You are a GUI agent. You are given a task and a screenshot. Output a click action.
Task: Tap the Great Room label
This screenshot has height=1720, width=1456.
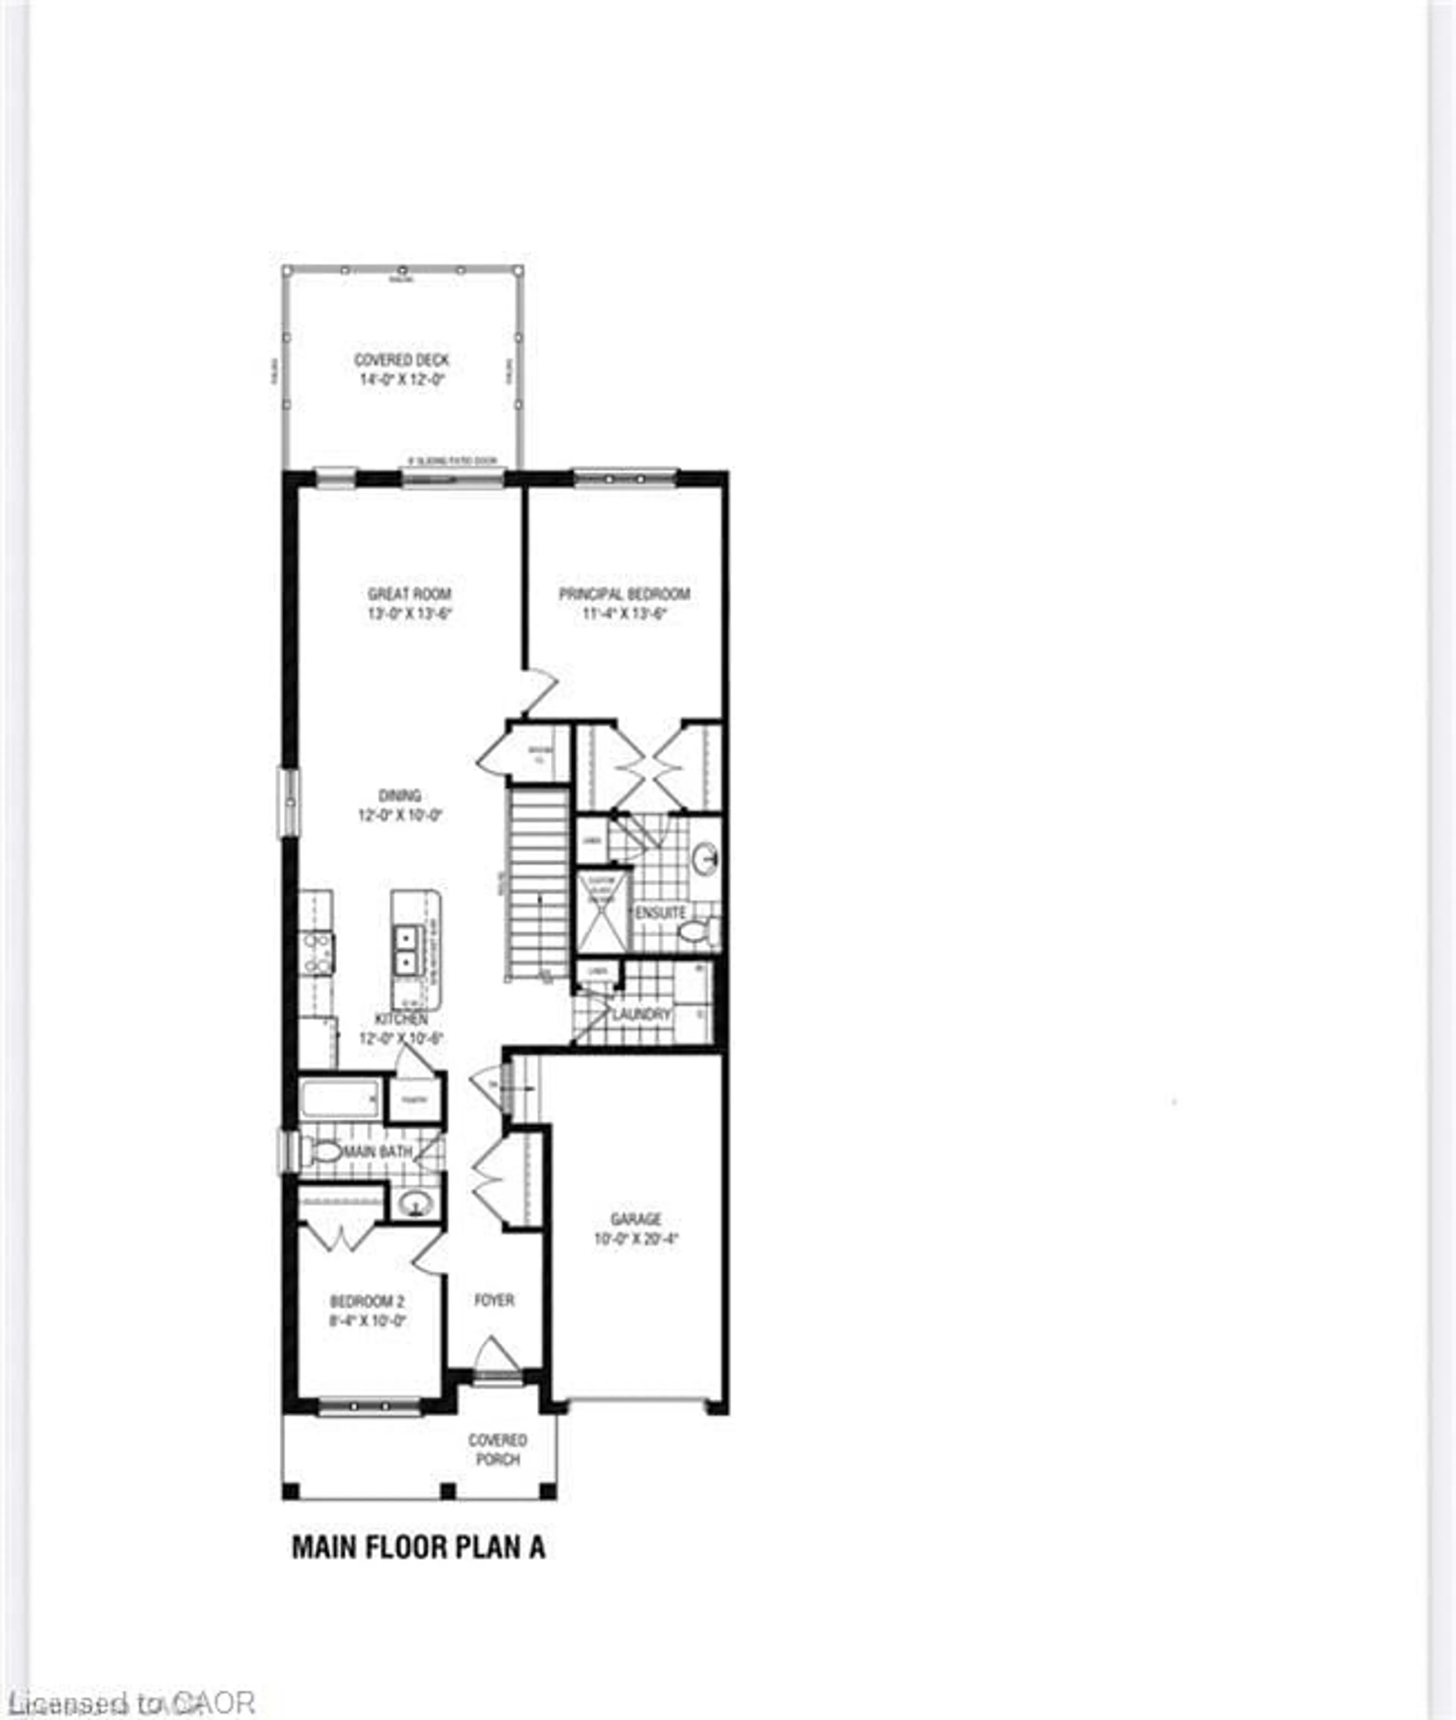(409, 593)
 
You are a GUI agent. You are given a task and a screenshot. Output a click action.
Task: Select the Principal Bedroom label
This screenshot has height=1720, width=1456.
(624, 593)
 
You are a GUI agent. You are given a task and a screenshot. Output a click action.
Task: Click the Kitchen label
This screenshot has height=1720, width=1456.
(401, 1019)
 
